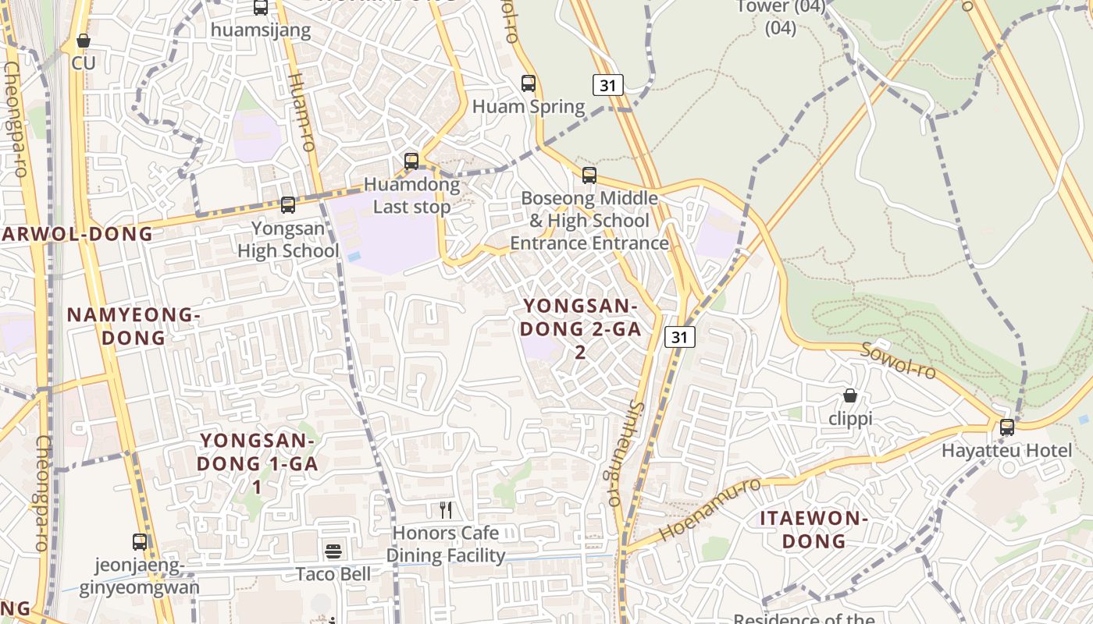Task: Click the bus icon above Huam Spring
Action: click(x=529, y=83)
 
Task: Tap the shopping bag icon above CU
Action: click(x=84, y=40)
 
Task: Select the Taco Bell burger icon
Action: click(x=333, y=551)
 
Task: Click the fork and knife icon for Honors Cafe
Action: click(x=446, y=510)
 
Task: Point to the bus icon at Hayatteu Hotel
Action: click(x=1007, y=427)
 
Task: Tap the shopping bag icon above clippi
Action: click(x=850, y=395)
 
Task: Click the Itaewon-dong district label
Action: click(x=814, y=530)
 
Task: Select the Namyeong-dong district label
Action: click(x=134, y=326)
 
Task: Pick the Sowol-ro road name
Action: click(x=898, y=360)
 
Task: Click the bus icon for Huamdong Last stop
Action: click(x=411, y=161)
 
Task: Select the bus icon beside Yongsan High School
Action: click(x=288, y=205)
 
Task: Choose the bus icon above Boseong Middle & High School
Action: click(x=589, y=175)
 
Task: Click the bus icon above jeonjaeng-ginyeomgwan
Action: click(x=140, y=541)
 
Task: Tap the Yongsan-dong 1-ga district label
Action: click(x=257, y=463)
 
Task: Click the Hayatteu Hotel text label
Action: click(x=1007, y=451)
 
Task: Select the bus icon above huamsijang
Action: click(x=261, y=8)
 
